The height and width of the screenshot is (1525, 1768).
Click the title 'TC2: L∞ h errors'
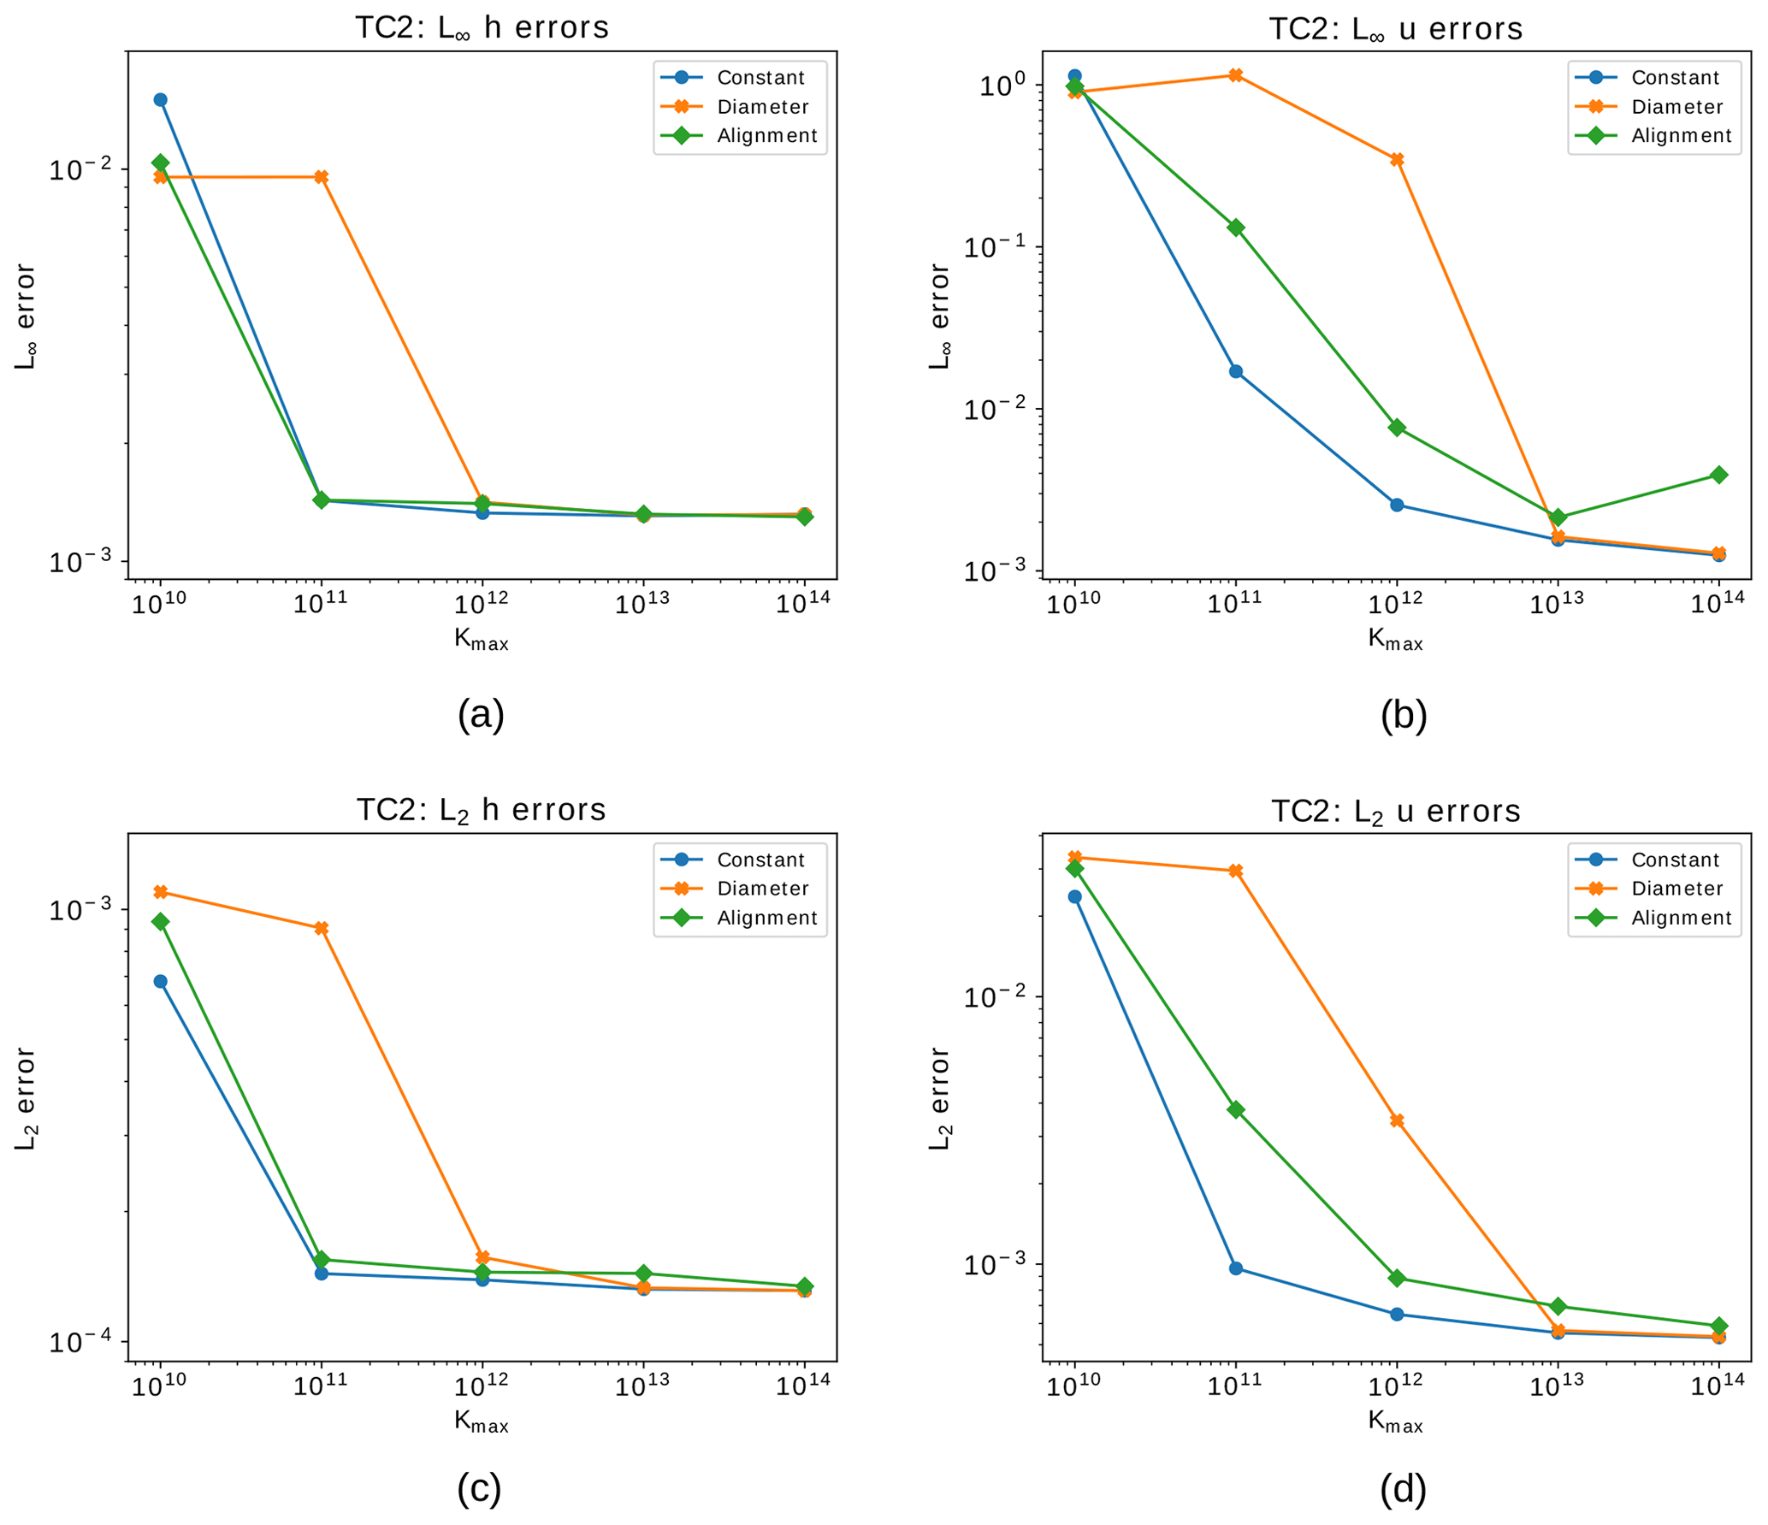[482, 27]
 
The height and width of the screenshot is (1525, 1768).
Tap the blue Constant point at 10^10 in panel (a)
[160, 100]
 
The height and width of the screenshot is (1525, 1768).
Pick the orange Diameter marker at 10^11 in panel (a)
[322, 177]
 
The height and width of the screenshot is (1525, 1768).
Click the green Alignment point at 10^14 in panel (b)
[1719, 475]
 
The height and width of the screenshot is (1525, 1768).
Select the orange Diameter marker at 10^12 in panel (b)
[1397, 160]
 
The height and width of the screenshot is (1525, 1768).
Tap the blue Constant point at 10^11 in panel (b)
[1236, 371]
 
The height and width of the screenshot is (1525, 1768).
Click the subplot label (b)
[1404, 715]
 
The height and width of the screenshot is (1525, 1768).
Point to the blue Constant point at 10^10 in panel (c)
[160, 981]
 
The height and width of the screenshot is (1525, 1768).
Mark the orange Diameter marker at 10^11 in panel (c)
[322, 928]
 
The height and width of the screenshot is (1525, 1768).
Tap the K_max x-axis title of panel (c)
[482, 1422]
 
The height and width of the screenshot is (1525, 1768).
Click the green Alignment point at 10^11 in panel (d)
[1236, 1109]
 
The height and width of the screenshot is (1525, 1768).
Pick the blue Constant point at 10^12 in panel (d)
[1397, 1314]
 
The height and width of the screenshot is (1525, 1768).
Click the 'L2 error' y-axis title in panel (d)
[940, 1098]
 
